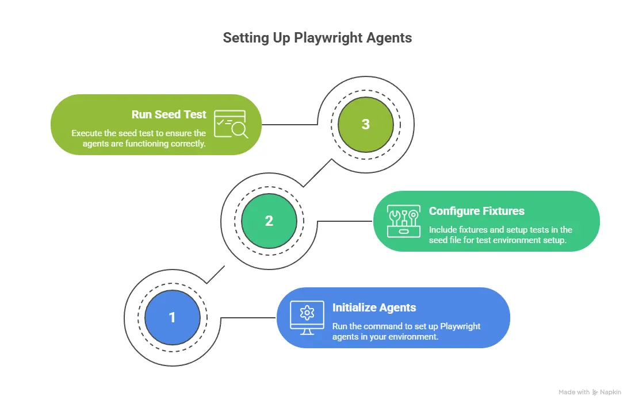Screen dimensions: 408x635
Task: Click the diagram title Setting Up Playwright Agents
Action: pyautogui.click(x=317, y=39)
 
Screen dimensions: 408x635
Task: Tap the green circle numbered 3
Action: pyautogui.click(x=366, y=124)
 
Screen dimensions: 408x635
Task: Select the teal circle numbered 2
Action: pyautogui.click(x=269, y=221)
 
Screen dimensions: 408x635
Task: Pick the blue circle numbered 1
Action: pyautogui.click(x=172, y=317)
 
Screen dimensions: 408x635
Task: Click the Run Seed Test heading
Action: pyautogui.click(x=169, y=114)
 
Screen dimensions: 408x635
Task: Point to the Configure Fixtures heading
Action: pyautogui.click(x=476, y=211)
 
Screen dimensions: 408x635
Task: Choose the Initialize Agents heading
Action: pyautogui.click(x=374, y=307)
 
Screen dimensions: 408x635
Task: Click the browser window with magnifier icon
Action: pyautogui.click(x=231, y=124)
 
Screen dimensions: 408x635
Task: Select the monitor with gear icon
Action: pyautogui.click(x=307, y=317)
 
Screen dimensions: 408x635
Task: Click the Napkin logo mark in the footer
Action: pyautogui.click(x=595, y=392)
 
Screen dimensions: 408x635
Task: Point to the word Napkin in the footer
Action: pyautogui.click(x=610, y=392)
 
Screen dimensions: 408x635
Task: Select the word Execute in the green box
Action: pyautogui.click(x=86, y=133)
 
